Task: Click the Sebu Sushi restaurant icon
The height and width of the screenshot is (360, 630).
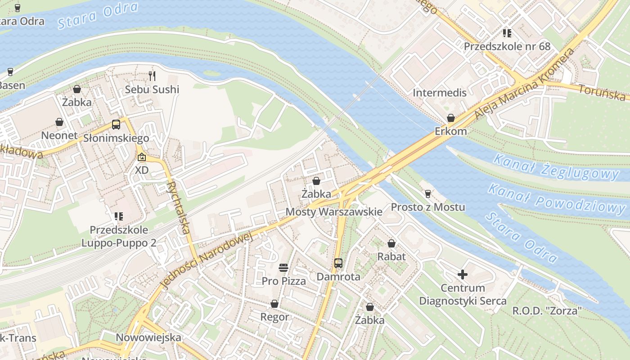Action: tap(152, 76)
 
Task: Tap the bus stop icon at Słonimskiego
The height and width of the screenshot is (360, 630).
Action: tap(116, 125)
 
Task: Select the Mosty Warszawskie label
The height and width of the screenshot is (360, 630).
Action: tap(334, 211)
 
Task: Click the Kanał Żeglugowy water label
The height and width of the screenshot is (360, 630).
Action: tap(556, 166)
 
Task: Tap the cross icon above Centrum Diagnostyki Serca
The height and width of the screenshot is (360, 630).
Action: tap(463, 274)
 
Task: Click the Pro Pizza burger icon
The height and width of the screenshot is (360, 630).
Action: tap(283, 268)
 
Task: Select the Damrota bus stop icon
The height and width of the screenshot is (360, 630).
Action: tap(338, 263)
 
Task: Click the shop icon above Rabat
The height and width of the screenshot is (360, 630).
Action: tap(391, 243)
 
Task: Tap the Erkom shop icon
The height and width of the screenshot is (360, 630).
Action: tap(450, 118)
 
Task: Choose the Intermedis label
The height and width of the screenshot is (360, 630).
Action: tap(440, 93)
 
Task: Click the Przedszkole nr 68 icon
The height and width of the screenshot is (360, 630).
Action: tap(507, 33)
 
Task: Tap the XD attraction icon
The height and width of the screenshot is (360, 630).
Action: tap(142, 157)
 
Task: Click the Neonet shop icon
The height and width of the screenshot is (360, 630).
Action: tap(59, 122)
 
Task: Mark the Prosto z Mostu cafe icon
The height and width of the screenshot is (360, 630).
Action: tap(428, 194)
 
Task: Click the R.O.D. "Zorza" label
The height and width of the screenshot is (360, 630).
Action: tap(547, 310)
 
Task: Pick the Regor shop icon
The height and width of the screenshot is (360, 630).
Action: tap(274, 304)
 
